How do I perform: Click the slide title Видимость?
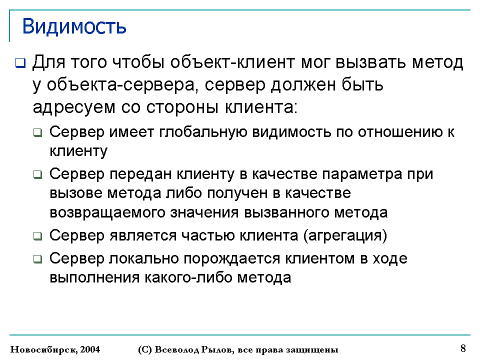coord(74,26)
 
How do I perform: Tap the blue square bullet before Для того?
coord(20,63)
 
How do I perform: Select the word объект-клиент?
coord(233,62)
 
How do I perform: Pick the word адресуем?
coord(74,108)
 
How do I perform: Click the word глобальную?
coord(203,132)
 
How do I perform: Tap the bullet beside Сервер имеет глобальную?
coord(37,133)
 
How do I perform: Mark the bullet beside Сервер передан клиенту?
coord(37,175)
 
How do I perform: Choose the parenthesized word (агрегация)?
coord(345,235)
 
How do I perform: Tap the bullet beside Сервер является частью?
coord(37,236)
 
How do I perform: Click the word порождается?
coord(231,258)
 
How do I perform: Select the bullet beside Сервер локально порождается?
coord(37,259)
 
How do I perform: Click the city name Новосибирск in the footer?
coord(44,349)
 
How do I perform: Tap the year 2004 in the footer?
coord(90,349)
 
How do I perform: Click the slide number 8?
coord(463,348)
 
